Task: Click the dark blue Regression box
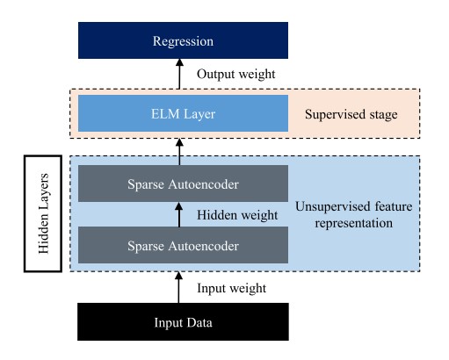pos(183,41)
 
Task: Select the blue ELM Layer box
pos(183,114)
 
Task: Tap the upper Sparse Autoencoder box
pos(183,184)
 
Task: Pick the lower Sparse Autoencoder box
pos(183,243)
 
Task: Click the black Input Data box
pos(183,321)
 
